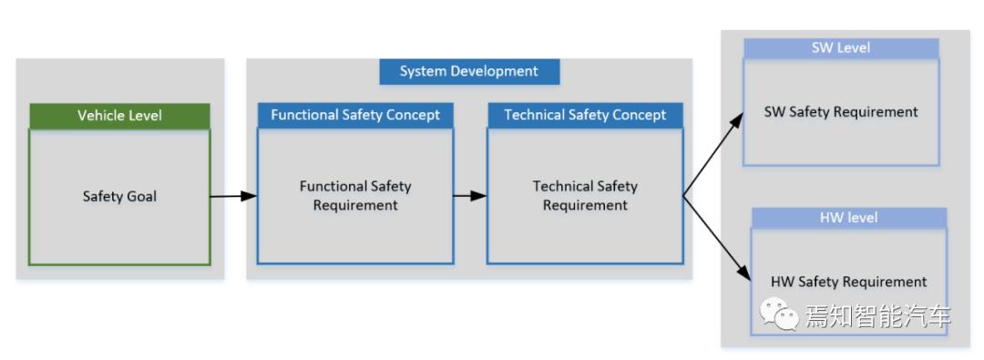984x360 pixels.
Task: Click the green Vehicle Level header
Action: tap(119, 116)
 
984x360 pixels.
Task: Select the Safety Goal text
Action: tap(119, 196)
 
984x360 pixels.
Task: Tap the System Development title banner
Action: tap(468, 71)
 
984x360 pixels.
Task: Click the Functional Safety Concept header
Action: tap(355, 115)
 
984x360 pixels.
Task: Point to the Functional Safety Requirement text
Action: tap(355, 195)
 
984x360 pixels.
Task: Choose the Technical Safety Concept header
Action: tap(585, 115)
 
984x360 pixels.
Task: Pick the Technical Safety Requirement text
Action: tap(585, 195)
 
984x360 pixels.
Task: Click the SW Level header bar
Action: tap(840, 48)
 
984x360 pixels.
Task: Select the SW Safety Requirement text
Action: tap(840, 112)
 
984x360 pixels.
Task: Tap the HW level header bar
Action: tap(848, 218)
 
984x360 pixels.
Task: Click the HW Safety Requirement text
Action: tap(848, 282)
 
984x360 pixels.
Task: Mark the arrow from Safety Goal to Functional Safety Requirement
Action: tap(233, 195)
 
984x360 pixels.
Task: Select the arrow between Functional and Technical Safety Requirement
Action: tap(470, 195)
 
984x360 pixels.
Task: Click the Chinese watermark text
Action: tap(877, 316)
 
